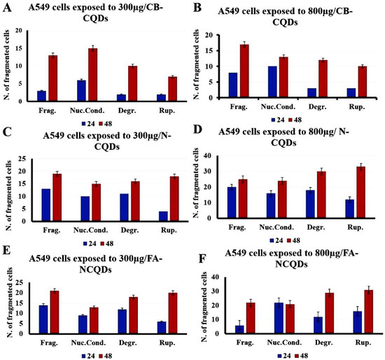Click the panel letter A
[x=8, y=8]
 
